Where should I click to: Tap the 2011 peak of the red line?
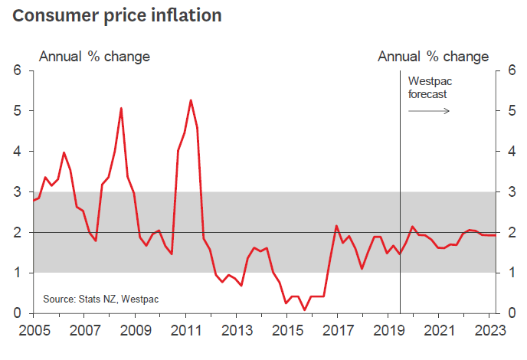190,100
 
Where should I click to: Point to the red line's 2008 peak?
121,108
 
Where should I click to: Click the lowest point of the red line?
305,310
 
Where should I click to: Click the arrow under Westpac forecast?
428,111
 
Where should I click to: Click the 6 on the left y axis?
18,70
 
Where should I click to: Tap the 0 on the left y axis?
18,313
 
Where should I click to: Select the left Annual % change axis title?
94,57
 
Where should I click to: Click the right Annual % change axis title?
433,57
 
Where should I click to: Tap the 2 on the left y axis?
18,232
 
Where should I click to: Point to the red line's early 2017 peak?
336,225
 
